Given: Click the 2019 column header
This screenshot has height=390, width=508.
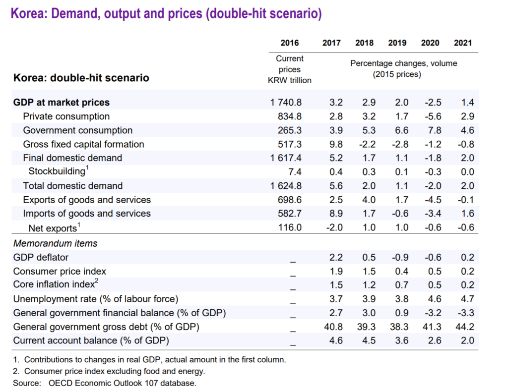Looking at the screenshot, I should (x=397, y=43).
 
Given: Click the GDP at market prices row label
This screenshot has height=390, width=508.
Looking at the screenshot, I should (x=62, y=103).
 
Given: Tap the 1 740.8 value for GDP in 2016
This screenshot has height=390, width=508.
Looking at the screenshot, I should (x=286, y=103).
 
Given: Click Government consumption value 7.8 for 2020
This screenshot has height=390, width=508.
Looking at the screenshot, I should (x=432, y=130).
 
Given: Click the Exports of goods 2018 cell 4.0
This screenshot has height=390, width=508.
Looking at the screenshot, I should (x=366, y=200).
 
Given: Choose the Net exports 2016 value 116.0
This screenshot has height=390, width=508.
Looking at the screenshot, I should (x=291, y=227).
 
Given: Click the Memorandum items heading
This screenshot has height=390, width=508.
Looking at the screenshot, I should (x=55, y=243).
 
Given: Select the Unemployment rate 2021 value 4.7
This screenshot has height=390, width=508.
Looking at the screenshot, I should (x=467, y=299).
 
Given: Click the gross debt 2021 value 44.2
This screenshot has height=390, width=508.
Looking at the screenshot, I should (x=464, y=327).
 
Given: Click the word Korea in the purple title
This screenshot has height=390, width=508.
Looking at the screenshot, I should (x=27, y=13).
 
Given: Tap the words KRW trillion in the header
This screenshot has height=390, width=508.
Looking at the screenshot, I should (x=290, y=80).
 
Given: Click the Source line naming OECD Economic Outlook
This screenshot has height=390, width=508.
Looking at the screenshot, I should (x=122, y=383).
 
